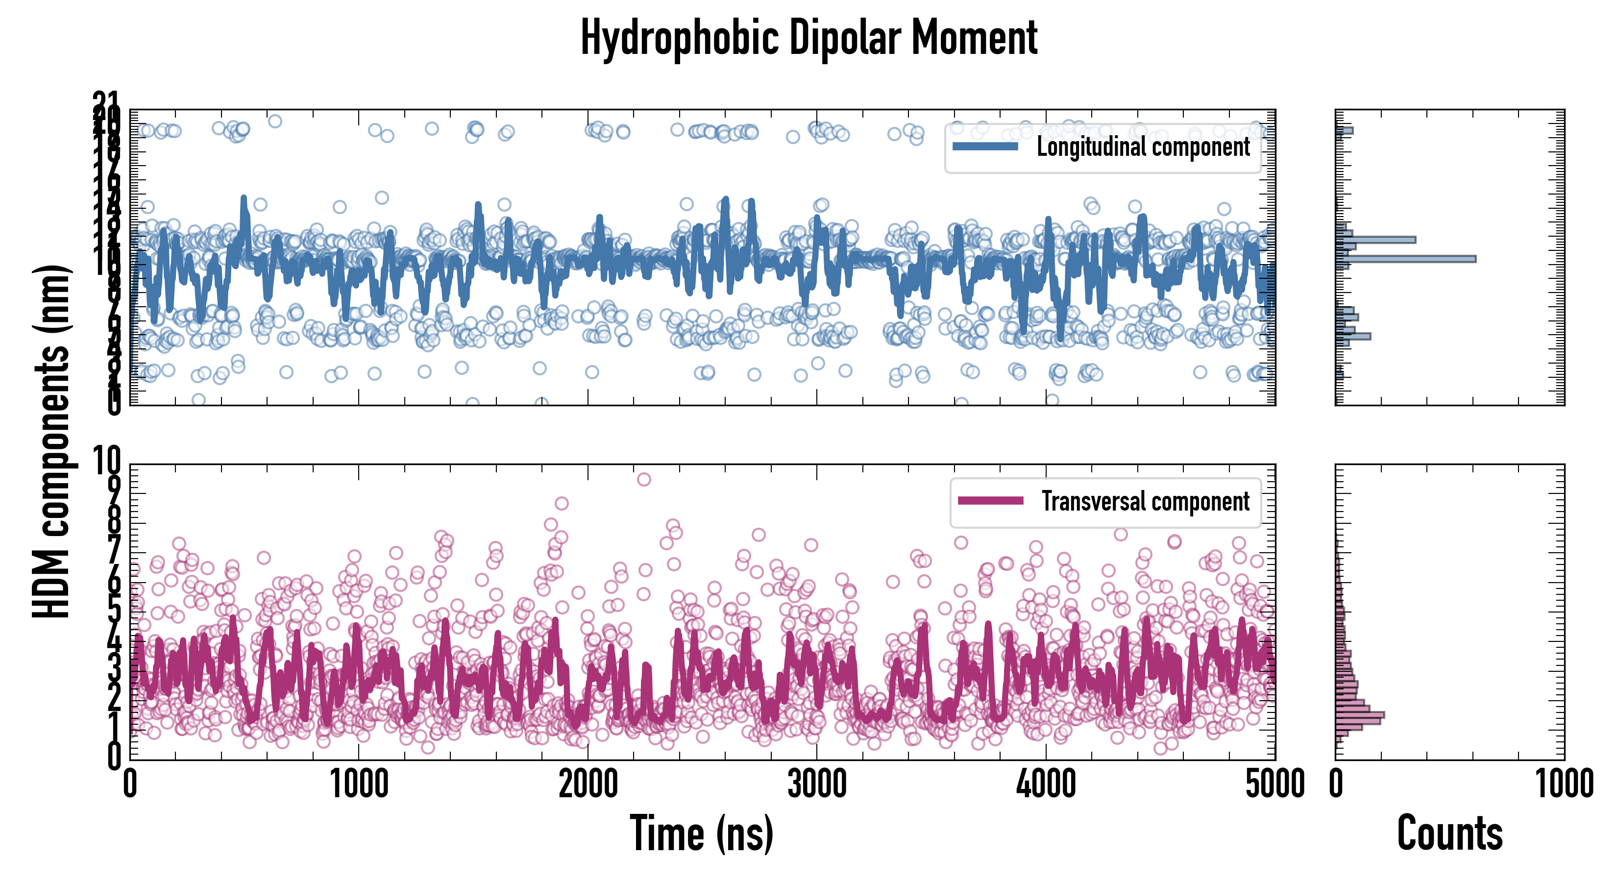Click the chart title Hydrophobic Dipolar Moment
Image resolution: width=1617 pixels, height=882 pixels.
808,38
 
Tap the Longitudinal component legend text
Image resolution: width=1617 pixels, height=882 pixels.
1143,147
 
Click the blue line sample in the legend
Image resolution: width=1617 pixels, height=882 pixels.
985,147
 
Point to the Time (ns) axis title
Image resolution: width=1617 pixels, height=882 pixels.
701,833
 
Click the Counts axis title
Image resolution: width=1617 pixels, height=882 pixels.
1449,833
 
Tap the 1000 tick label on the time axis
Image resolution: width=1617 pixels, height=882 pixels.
359,784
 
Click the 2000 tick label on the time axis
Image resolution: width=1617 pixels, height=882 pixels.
588,784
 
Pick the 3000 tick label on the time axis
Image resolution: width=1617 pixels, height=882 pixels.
817,784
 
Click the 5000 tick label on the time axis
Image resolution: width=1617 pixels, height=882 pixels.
1274,784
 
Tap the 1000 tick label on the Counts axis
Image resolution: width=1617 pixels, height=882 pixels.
1564,784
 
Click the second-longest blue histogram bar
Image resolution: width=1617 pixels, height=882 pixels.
1375,239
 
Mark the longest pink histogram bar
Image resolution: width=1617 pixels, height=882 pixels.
1359,715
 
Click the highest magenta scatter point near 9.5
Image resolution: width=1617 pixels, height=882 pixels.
643,480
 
